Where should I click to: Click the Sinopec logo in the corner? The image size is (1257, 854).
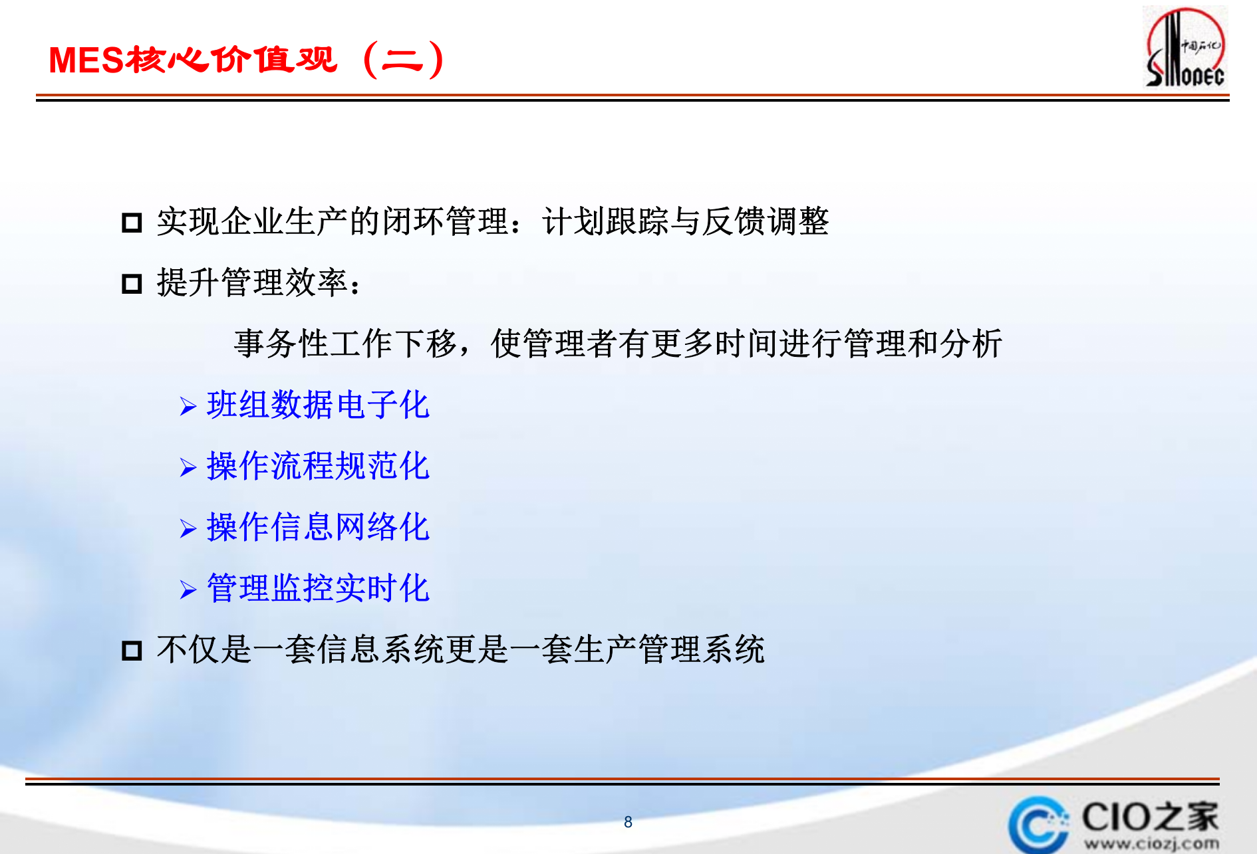click(x=1185, y=48)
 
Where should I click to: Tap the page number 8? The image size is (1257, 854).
click(x=628, y=822)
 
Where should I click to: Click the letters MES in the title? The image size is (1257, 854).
click(x=86, y=60)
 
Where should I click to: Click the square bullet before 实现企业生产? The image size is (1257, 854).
click(x=132, y=222)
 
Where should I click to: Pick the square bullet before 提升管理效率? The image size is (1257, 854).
click(x=132, y=284)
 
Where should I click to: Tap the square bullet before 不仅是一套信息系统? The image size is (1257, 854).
click(x=132, y=650)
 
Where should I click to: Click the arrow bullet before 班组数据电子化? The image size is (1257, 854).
click(x=188, y=406)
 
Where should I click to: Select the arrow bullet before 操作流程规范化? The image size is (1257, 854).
click(x=188, y=468)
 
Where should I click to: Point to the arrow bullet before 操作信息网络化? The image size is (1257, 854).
click(x=188, y=529)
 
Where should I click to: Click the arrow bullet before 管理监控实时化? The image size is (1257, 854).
click(x=188, y=590)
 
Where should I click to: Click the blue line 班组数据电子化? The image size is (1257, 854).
click(x=318, y=405)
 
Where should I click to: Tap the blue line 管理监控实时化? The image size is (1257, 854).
click(x=318, y=588)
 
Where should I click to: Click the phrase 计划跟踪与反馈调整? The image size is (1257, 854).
click(x=685, y=221)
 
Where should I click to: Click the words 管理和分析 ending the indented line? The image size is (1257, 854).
click(x=923, y=344)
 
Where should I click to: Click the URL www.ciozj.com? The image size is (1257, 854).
click(x=1152, y=844)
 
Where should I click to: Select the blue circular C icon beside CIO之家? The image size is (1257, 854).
click(x=1036, y=825)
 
